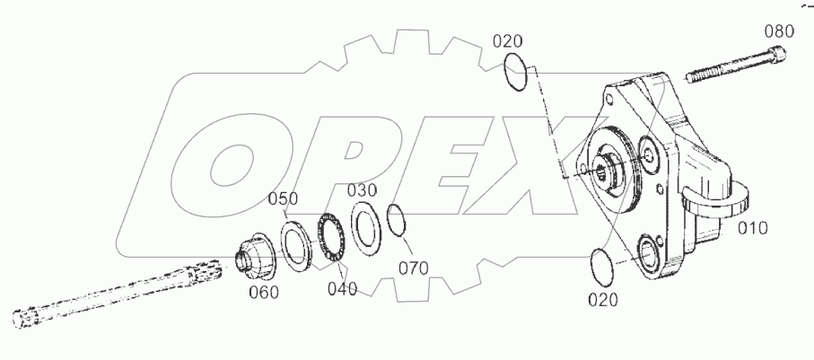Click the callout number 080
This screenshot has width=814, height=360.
coord(778,31)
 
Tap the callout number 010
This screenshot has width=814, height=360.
coord(752,228)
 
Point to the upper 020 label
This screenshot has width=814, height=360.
coord(507,40)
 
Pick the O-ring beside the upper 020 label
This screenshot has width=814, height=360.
coord(515,71)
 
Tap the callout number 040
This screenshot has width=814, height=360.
coord(341,288)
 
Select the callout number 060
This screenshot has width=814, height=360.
coord(264,292)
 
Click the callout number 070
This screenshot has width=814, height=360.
coord(414,268)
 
